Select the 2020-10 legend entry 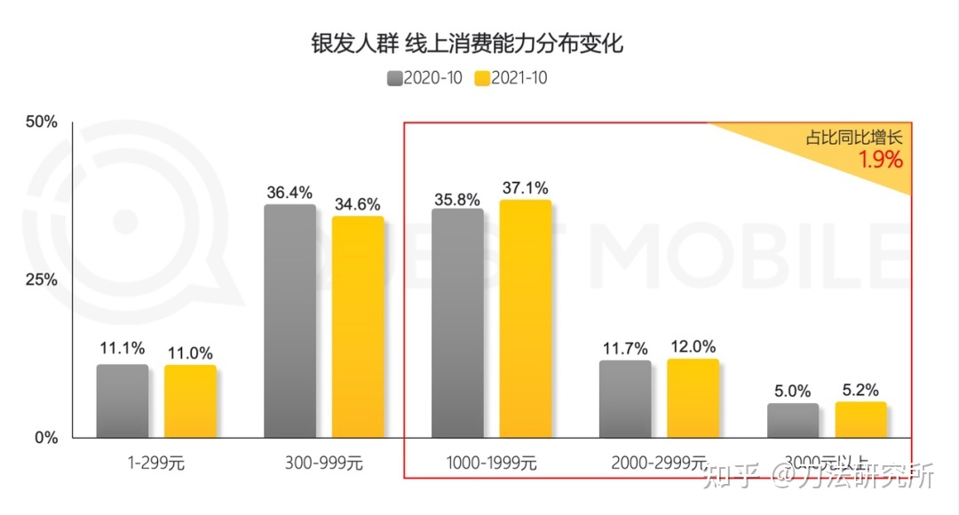pyautogui.click(x=424, y=78)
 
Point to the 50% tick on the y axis pyautogui.click(x=40, y=122)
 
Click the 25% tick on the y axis pyautogui.click(x=40, y=280)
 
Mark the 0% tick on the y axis pyautogui.click(x=45, y=438)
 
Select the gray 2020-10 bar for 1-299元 pyautogui.click(x=123, y=401)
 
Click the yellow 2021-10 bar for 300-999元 pyautogui.click(x=358, y=327)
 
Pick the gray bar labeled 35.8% pyautogui.click(x=457, y=323)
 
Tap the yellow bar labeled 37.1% pyautogui.click(x=525, y=319)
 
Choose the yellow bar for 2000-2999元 pyautogui.click(x=693, y=398)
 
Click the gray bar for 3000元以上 pyautogui.click(x=793, y=421)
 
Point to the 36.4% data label pyautogui.click(x=289, y=192)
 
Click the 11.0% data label pyautogui.click(x=190, y=353)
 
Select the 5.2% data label pyautogui.click(x=860, y=389)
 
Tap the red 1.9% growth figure pyautogui.click(x=879, y=160)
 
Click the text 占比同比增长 pyautogui.click(x=853, y=138)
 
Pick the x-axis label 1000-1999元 pyautogui.click(x=491, y=463)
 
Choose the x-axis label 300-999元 pyautogui.click(x=323, y=463)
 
